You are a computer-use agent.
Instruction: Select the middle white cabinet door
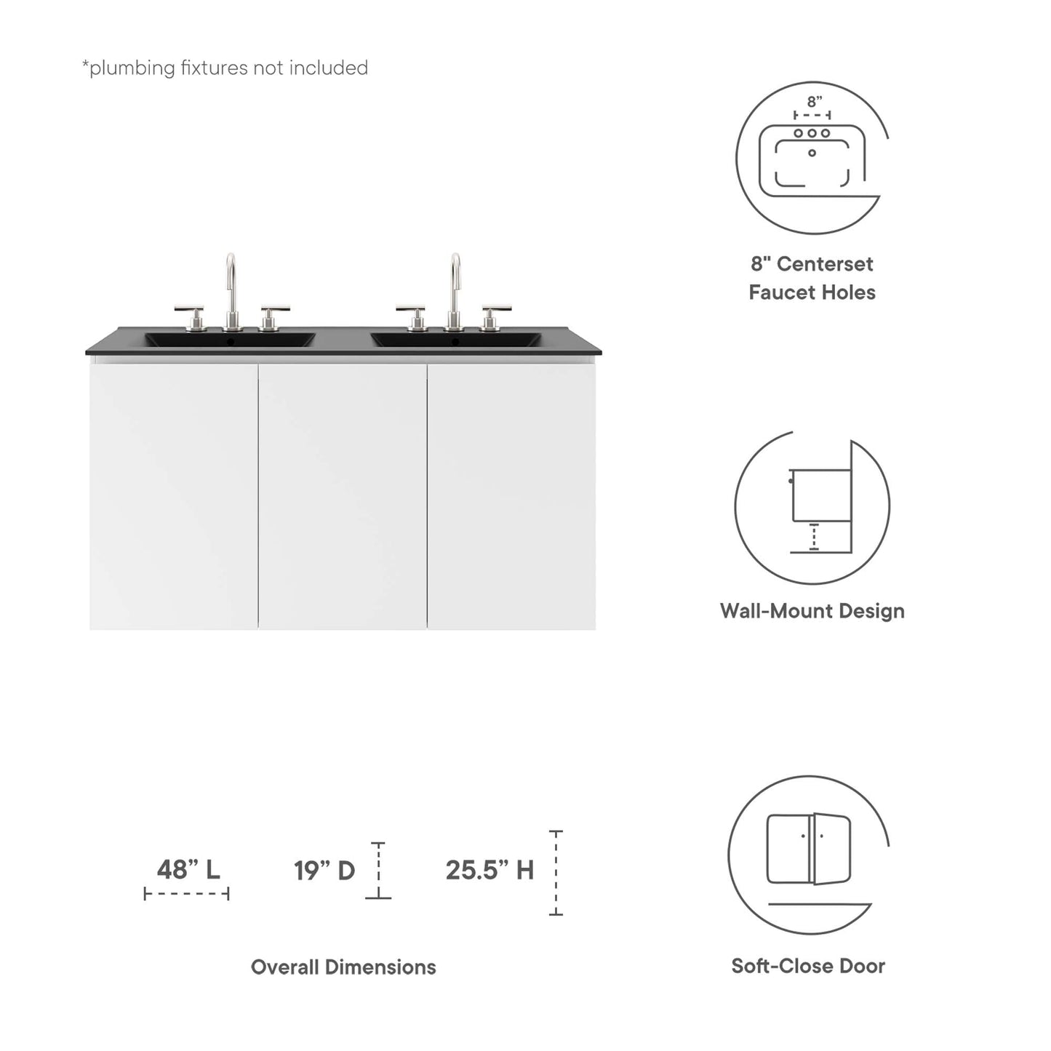[x=343, y=496]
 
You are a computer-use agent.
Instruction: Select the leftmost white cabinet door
[x=174, y=496]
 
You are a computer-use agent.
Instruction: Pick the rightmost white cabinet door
[x=511, y=496]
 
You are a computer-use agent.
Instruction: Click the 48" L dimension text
[x=188, y=869]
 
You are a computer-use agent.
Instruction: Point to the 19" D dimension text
[x=324, y=870]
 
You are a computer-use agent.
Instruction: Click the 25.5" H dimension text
[x=489, y=870]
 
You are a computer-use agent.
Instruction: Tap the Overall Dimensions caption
[x=343, y=967]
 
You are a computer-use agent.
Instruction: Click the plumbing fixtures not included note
[x=225, y=68]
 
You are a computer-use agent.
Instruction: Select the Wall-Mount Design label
[x=812, y=611]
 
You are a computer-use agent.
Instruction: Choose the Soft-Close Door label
[x=808, y=966]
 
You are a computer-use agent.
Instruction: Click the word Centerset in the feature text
[x=825, y=264]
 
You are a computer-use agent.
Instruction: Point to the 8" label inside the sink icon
[x=814, y=102]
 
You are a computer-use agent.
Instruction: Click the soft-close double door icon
[x=809, y=849]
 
